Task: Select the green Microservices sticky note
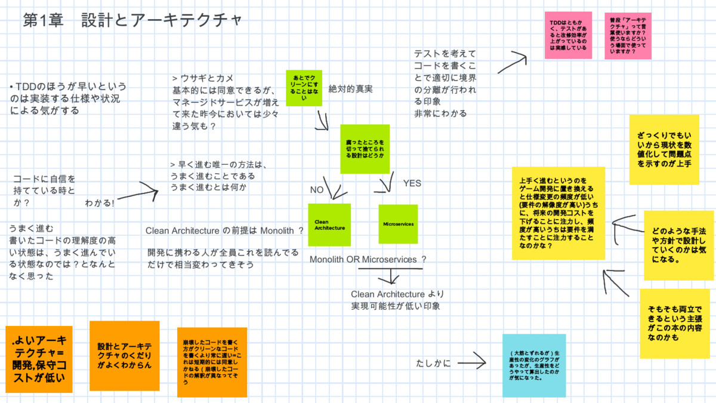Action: tap(398, 224)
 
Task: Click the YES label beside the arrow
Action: tap(412, 183)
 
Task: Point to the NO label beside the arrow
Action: tap(316, 190)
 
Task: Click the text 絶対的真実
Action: tap(351, 89)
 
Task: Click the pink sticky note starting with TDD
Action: tap(568, 35)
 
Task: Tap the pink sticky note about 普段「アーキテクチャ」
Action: tap(628, 35)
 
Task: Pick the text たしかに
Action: tap(434, 362)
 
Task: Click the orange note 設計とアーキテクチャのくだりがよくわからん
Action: tap(124, 355)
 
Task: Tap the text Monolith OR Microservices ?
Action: tap(368, 260)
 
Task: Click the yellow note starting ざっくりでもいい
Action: tap(663, 150)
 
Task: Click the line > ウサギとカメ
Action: tap(203, 78)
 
